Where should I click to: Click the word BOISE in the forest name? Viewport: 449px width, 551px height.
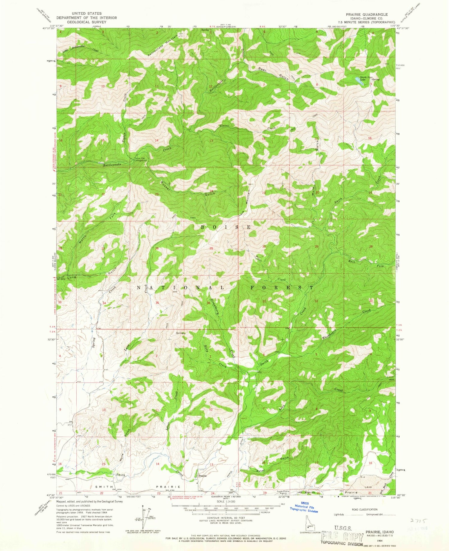point(225,227)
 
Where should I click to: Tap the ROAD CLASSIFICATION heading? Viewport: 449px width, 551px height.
point(365,509)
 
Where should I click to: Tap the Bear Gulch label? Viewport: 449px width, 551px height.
point(273,73)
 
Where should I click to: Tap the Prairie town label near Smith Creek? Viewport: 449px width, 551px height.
point(203,475)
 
